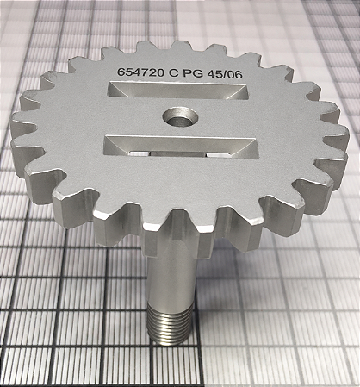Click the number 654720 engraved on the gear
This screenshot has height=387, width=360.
click(x=140, y=72)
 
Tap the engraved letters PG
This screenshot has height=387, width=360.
click(x=193, y=73)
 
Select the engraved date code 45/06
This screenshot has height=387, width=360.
click(x=225, y=74)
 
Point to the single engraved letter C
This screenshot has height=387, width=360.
click(x=174, y=72)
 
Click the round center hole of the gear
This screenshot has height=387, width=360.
click(x=180, y=117)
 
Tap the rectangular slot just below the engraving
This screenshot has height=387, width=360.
click(x=178, y=91)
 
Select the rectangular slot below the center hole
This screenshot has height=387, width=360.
click(x=182, y=147)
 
